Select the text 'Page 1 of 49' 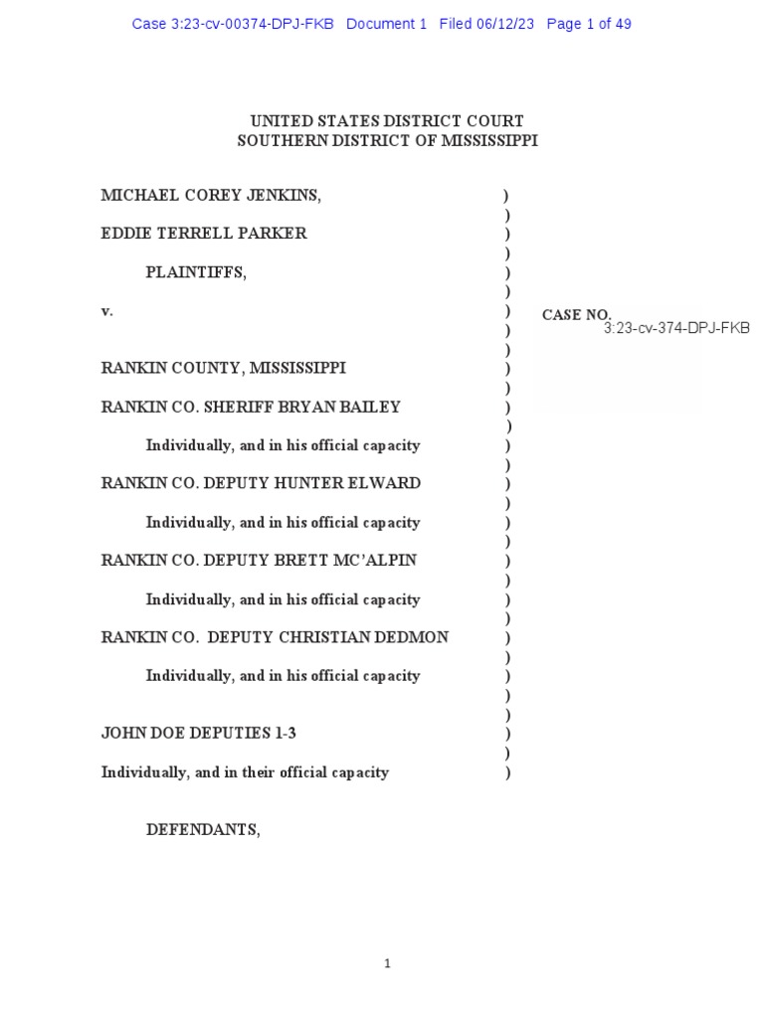[x=589, y=24]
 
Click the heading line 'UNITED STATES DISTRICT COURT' [x=387, y=121]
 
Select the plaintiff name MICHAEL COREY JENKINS [x=211, y=196]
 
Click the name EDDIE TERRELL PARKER [x=204, y=234]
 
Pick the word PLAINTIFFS [x=196, y=272]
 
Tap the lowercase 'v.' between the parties [x=107, y=311]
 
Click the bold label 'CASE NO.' [x=576, y=315]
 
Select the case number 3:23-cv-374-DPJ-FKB [x=676, y=328]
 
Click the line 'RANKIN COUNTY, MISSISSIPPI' [x=224, y=368]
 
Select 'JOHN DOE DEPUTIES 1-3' [x=199, y=734]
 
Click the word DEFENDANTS [x=203, y=830]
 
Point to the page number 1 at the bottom [x=387, y=963]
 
